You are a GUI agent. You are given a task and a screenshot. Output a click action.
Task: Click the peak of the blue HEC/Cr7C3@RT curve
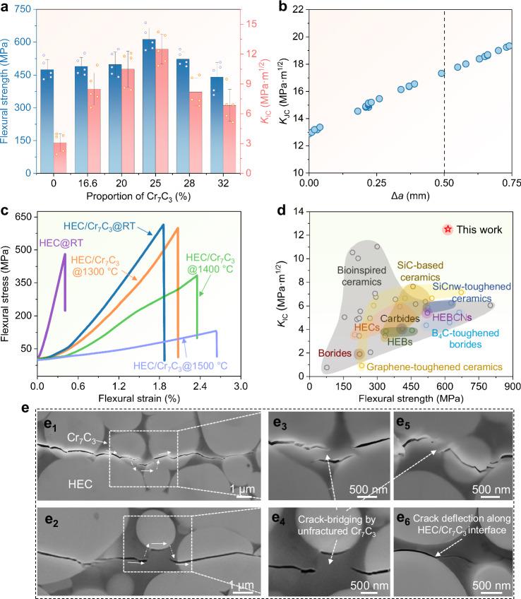163,225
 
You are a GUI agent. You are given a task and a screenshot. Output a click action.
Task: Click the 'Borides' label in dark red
334,352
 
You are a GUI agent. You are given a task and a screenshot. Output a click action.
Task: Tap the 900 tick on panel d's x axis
512,387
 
